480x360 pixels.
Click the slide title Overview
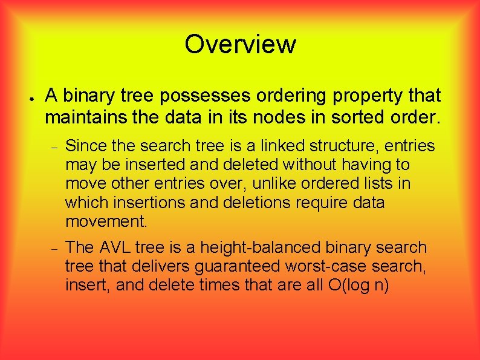click(240, 44)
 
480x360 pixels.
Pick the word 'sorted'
click(359, 116)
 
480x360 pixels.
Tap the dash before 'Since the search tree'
click(54, 146)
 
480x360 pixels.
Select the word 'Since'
click(83, 146)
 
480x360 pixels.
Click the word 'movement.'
click(106, 221)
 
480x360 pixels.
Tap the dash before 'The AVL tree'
click(54, 248)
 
